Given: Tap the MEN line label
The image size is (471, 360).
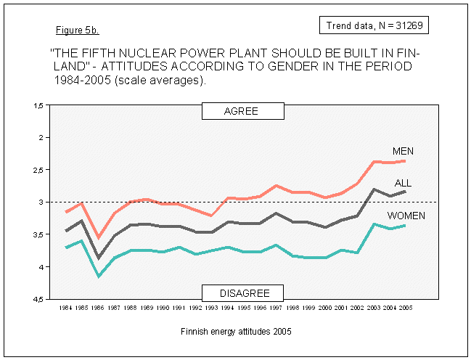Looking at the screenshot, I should click(x=403, y=151).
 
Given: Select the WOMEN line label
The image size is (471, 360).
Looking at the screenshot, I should click(x=406, y=216).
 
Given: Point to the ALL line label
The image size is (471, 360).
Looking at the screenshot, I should click(x=403, y=183).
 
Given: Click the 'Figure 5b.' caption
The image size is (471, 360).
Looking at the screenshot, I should click(x=77, y=31).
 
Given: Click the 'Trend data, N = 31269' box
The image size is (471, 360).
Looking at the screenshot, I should click(x=374, y=25).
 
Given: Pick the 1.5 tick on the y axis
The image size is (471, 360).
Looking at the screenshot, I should click(x=38, y=106).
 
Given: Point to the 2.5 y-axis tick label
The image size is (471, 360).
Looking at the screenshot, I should click(x=38, y=170).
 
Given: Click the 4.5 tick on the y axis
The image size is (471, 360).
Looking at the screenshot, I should click(x=38, y=299).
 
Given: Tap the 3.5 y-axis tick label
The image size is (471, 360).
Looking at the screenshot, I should click(x=38, y=234).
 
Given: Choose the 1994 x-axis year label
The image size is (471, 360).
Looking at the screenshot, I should click(x=228, y=308).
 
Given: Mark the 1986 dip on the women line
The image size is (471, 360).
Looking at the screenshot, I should click(x=99, y=276).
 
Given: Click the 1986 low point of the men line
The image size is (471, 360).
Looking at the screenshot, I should click(x=99, y=237).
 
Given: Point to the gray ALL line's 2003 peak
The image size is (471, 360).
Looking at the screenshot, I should click(x=372, y=189).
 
